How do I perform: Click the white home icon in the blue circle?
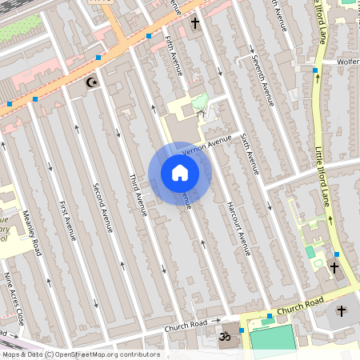point(180,172)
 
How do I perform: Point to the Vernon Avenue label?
point(206,145)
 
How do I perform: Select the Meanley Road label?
point(31,231)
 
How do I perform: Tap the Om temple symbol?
point(225,338)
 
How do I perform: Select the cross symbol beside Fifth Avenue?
point(194,25)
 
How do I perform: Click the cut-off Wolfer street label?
point(347,61)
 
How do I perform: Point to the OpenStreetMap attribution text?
point(80,354)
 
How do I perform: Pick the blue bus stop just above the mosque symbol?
point(98,58)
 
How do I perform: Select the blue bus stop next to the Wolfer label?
point(315,71)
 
